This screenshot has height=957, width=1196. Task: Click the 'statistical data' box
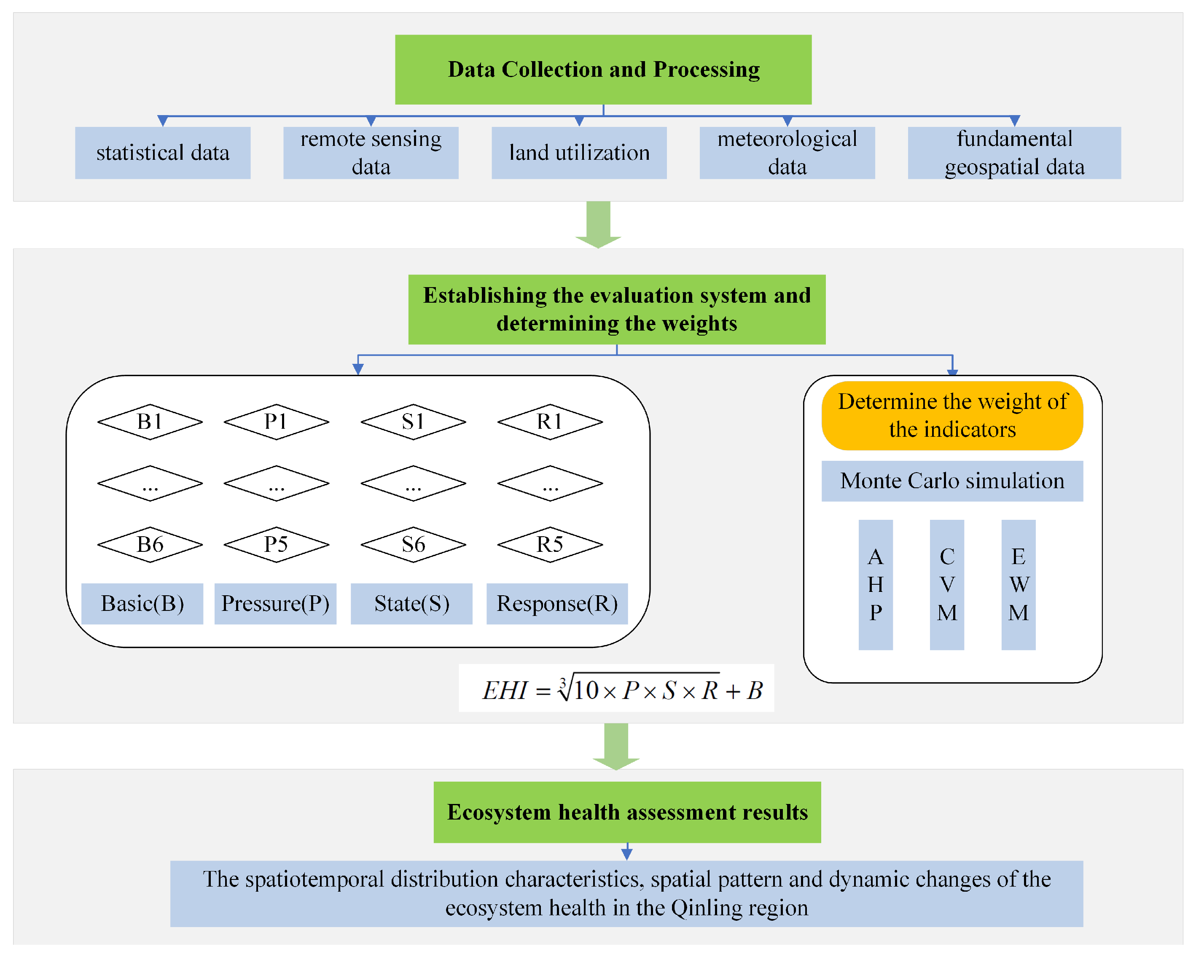coord(163,153)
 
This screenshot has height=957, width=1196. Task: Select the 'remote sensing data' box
coord(371,153)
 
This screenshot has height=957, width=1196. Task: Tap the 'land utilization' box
coord(579,153)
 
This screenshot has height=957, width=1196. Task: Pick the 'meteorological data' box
coord(787,153)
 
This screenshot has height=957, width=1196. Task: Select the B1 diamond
coord(150,422)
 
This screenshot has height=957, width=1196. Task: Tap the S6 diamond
coord(413,545)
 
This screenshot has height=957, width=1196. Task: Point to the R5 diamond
coord(550,545)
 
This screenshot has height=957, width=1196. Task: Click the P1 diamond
coord(276,422)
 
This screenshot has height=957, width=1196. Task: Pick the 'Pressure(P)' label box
coord(275,604)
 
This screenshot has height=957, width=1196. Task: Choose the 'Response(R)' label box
coord(557,604)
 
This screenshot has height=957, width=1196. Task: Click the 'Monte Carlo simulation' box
coord(952,481)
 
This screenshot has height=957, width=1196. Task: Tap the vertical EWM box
coord(1018,585)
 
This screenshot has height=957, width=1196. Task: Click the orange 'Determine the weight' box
coord(952,416)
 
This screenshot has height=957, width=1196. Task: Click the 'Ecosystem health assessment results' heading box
coord(627,812)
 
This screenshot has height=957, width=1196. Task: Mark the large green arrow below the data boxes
coord(598,225)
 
